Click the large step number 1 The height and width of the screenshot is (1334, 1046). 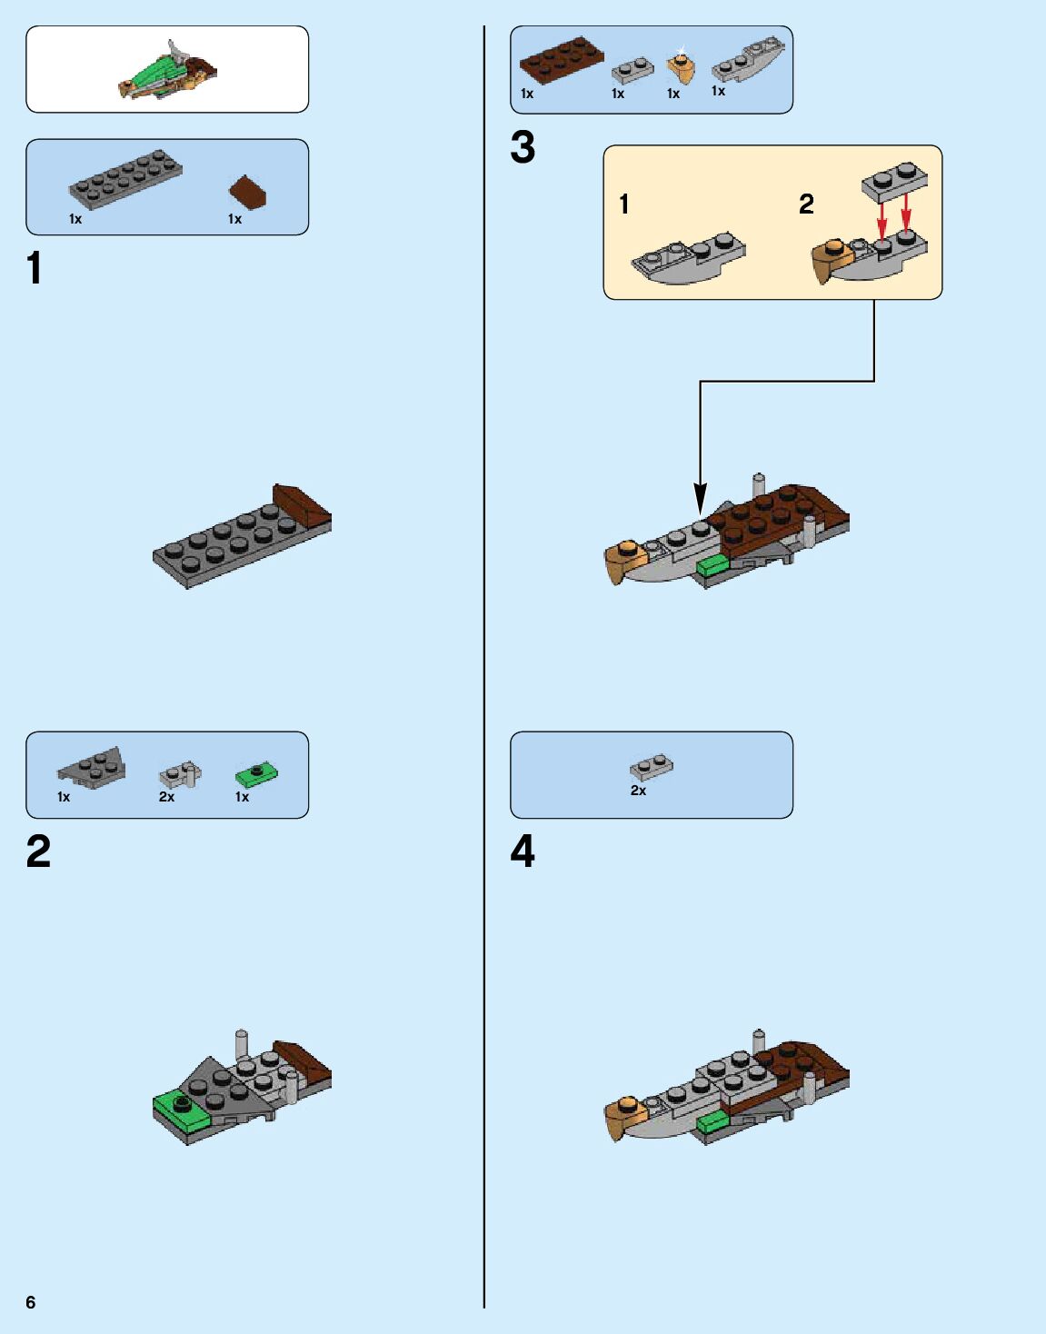(x=35, y=269)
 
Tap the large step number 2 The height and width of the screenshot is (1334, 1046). (x=38, y=852)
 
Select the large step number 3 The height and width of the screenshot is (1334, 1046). (x=523, y=147)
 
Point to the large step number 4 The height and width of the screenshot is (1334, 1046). (x=523, y=852)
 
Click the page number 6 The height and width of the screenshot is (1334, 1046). (x=31, y=1302)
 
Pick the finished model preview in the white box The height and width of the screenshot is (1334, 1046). (x=168, y=71)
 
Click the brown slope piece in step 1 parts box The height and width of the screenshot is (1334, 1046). (x=247, y=191)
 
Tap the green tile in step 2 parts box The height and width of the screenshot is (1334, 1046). (x=256, y=774)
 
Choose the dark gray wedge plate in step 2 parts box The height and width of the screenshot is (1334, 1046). (x=93, y=767)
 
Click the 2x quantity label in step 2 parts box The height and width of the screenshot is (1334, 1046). (x=166, y=797)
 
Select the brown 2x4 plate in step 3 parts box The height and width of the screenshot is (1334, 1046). (x=561, y=58)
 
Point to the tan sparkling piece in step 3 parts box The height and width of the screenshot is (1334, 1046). (x=681, y=65)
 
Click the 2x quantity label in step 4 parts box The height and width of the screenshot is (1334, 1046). (x=638, y=791)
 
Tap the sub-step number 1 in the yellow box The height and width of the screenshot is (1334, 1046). (x=624, y=204)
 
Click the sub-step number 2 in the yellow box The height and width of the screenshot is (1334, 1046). (x=806, y=204)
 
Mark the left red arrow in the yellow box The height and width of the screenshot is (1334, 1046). (x=881, y=218)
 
